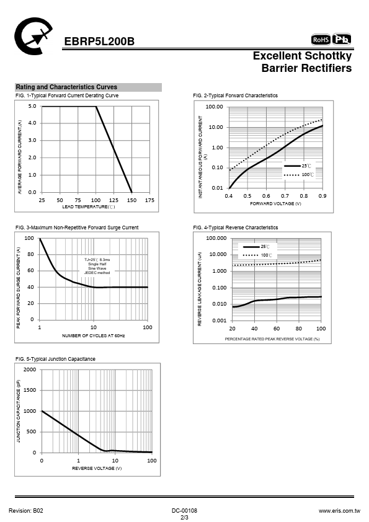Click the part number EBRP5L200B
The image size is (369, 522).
(99, 42)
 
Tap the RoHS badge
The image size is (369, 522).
(321, 40)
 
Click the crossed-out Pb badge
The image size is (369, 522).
(342, 39)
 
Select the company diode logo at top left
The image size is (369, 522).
(33, 37)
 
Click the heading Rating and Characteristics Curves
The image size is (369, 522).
(66, 87)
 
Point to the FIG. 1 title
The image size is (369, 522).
(67, 95)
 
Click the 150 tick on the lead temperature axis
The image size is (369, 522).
(131, 200)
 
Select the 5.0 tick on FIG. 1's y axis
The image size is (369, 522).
(32, 106)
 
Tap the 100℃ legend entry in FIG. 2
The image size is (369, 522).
(298, 174)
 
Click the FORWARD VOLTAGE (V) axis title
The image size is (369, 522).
(275, 203)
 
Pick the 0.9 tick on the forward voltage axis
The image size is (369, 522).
(322, 196)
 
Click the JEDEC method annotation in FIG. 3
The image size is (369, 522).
(97, 273)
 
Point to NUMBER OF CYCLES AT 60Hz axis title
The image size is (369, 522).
(93, 335)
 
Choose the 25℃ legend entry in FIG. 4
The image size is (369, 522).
(256, 247)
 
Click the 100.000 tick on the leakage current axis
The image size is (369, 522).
(216, 238)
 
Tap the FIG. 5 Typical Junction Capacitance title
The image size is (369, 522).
(55, 359)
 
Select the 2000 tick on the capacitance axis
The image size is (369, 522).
(30, 369)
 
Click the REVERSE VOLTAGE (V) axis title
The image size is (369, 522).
(97, 468)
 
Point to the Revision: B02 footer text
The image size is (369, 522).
(26, 511)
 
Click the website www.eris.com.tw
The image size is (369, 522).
(339, 511)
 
